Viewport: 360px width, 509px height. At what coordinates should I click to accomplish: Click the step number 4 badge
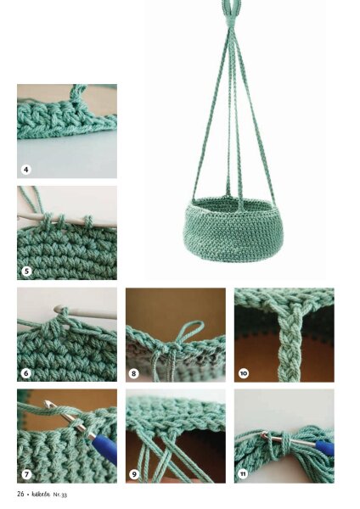point(26,169)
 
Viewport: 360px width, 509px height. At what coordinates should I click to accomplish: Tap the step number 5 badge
point(26,271)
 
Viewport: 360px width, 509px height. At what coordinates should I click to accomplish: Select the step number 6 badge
point(26,373)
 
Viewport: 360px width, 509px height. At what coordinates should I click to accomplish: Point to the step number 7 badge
point(26,474)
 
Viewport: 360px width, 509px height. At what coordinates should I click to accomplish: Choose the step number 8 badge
point(134,373)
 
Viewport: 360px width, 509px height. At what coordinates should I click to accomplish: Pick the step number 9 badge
point(134,474)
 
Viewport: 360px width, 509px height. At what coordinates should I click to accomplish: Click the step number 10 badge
point(244,373)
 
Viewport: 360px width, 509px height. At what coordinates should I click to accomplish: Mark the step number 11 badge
point(243,474)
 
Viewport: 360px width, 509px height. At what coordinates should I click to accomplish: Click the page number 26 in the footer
point(20,494)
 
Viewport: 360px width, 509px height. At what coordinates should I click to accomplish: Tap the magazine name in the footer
point(41,494)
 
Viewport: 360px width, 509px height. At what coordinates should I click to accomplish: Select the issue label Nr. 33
point(60,495)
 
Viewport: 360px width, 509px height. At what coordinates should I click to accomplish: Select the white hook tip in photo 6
point(59,309)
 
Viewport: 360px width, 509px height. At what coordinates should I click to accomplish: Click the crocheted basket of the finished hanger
point(233,230)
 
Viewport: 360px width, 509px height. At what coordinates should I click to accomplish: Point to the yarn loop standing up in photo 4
point(77,95)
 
